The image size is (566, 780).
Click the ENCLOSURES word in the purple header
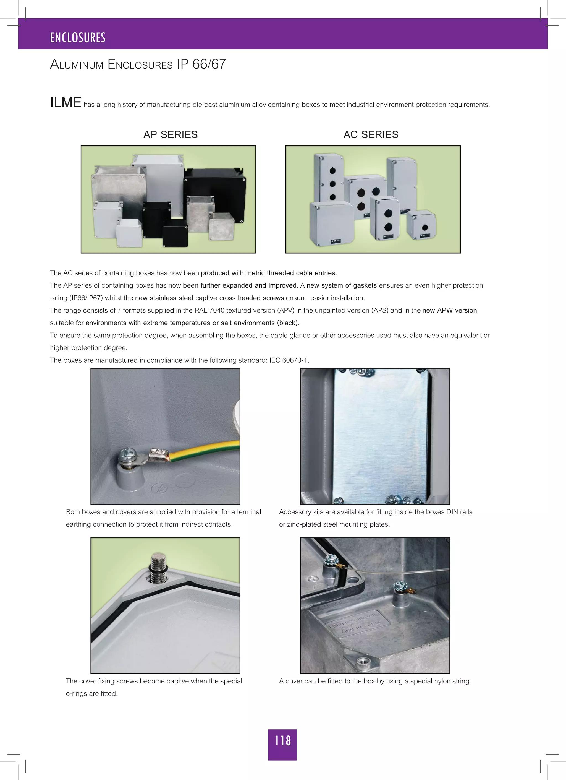pyautogui.click(x=78, y=38)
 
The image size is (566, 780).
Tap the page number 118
pyautogui.click(x=282, y=740)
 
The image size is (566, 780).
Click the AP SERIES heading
pyautogui.click(x=171, y=134)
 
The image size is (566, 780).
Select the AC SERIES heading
pyautogui.click(x=371, y=134)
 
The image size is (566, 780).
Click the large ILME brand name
pyautogui.click(x=66, y=103)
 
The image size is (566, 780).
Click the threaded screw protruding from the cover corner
pyautogui.click(x=158, y=568)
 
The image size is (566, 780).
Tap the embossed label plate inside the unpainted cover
pyautogui.click(x=359, y=623)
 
